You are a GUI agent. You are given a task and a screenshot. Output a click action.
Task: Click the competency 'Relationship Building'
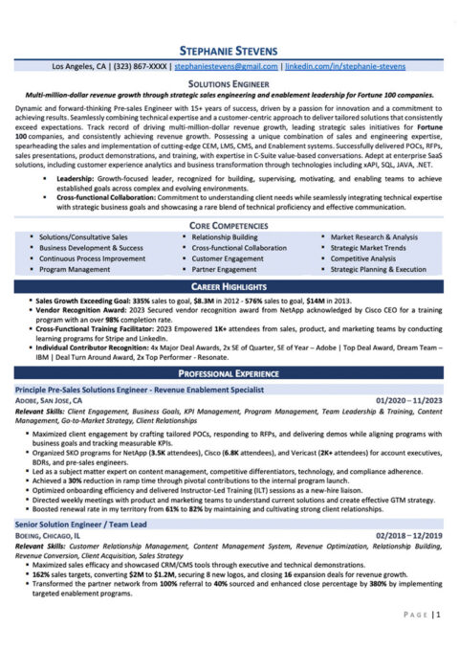point(225,236)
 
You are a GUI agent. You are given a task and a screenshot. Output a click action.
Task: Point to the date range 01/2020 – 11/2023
point(403,398)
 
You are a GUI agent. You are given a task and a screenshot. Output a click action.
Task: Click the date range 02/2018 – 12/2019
point(403,534)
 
